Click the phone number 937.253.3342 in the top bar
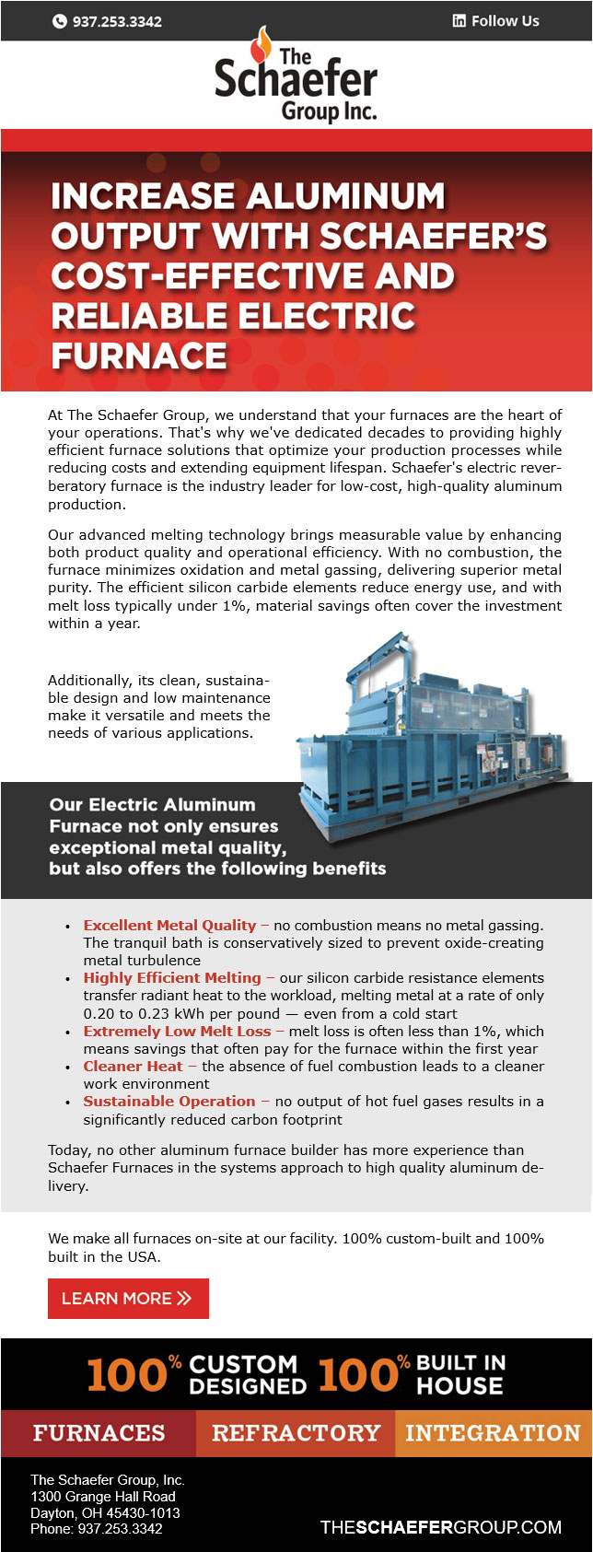[x=116, y=21]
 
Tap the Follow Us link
[x=505, y=21]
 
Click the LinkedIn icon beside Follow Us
[x=459, y=21]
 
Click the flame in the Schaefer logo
[x=264, y=41]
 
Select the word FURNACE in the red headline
[x=139, y=356]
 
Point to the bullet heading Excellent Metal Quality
[x=169, y=926]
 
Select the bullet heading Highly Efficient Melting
[x=172, y=978]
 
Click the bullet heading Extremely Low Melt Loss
[x=177, y=1032]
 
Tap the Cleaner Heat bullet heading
[x=133, y=1067]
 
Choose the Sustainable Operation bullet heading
[x=169, y=1102]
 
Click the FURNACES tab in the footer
[x=99, y=1433]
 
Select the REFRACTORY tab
[x=296, y=1433]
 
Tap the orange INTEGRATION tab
[x=493, y=1433]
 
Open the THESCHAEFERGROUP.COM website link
[x=440, y=1527]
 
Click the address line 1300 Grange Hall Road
[x=102, y=1497]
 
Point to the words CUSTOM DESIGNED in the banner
[x=247, y=1374]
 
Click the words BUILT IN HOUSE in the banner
[x=460, y=1374]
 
